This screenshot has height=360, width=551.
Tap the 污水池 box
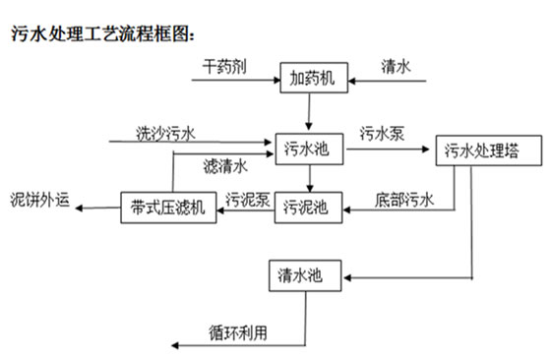point(308,150)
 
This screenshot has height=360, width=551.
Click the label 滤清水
point(225,164)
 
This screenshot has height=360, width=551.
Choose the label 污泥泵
point(246,196)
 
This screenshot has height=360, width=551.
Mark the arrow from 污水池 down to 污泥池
point(308,178)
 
